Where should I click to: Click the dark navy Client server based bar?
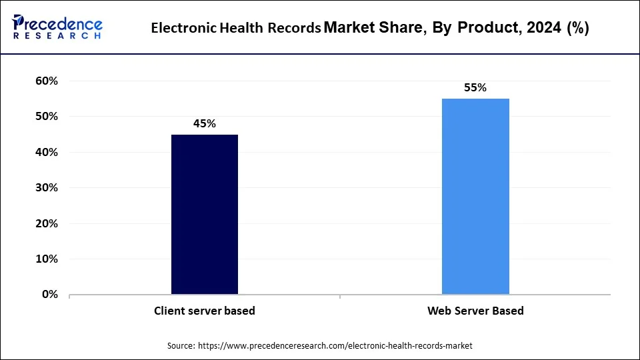coord(205,214)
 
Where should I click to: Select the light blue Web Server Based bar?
coord(475,196)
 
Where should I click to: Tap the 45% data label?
coord(205,123)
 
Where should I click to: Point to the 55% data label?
coord(475,87)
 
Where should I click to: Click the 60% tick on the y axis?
coord(47,81)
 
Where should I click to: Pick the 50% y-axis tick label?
coord(47,117)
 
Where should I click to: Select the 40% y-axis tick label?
coord(47,152)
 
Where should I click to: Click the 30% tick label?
coord(47,188)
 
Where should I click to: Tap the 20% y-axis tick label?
coord(47,223)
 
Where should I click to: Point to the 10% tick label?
coord(47,259)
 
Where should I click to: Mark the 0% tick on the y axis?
coord(50,294)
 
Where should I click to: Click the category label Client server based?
coord(205,311)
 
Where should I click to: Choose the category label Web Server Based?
coord(475,311)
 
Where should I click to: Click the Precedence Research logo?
coord(57,27)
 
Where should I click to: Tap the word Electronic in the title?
coord(183,29)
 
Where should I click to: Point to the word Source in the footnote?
coord(181,345)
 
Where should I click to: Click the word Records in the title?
coord(295,29)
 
